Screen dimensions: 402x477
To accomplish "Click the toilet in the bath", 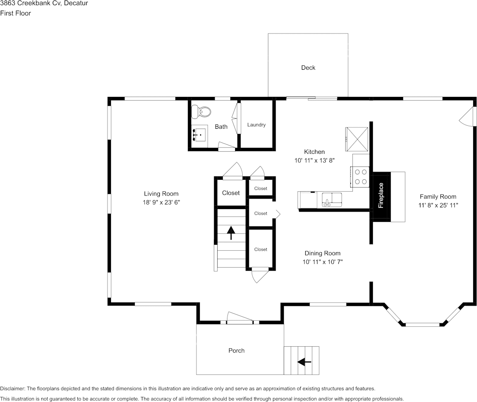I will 201,112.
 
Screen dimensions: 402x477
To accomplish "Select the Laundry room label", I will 256,125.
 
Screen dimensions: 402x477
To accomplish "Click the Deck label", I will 308,68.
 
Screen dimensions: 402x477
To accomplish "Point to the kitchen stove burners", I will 361,177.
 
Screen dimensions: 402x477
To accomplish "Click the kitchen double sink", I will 332,199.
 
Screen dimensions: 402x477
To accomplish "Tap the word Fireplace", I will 381,195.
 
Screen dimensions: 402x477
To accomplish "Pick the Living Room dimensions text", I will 161,202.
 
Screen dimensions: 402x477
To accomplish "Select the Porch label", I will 236,351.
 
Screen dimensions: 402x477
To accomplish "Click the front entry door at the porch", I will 239,319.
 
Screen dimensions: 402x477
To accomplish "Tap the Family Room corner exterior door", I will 467,116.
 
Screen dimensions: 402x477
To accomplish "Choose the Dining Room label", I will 322,253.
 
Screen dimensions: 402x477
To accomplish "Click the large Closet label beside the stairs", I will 231,193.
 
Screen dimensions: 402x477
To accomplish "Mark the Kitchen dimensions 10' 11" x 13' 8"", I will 315,161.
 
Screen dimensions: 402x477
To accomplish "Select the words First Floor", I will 15,13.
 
